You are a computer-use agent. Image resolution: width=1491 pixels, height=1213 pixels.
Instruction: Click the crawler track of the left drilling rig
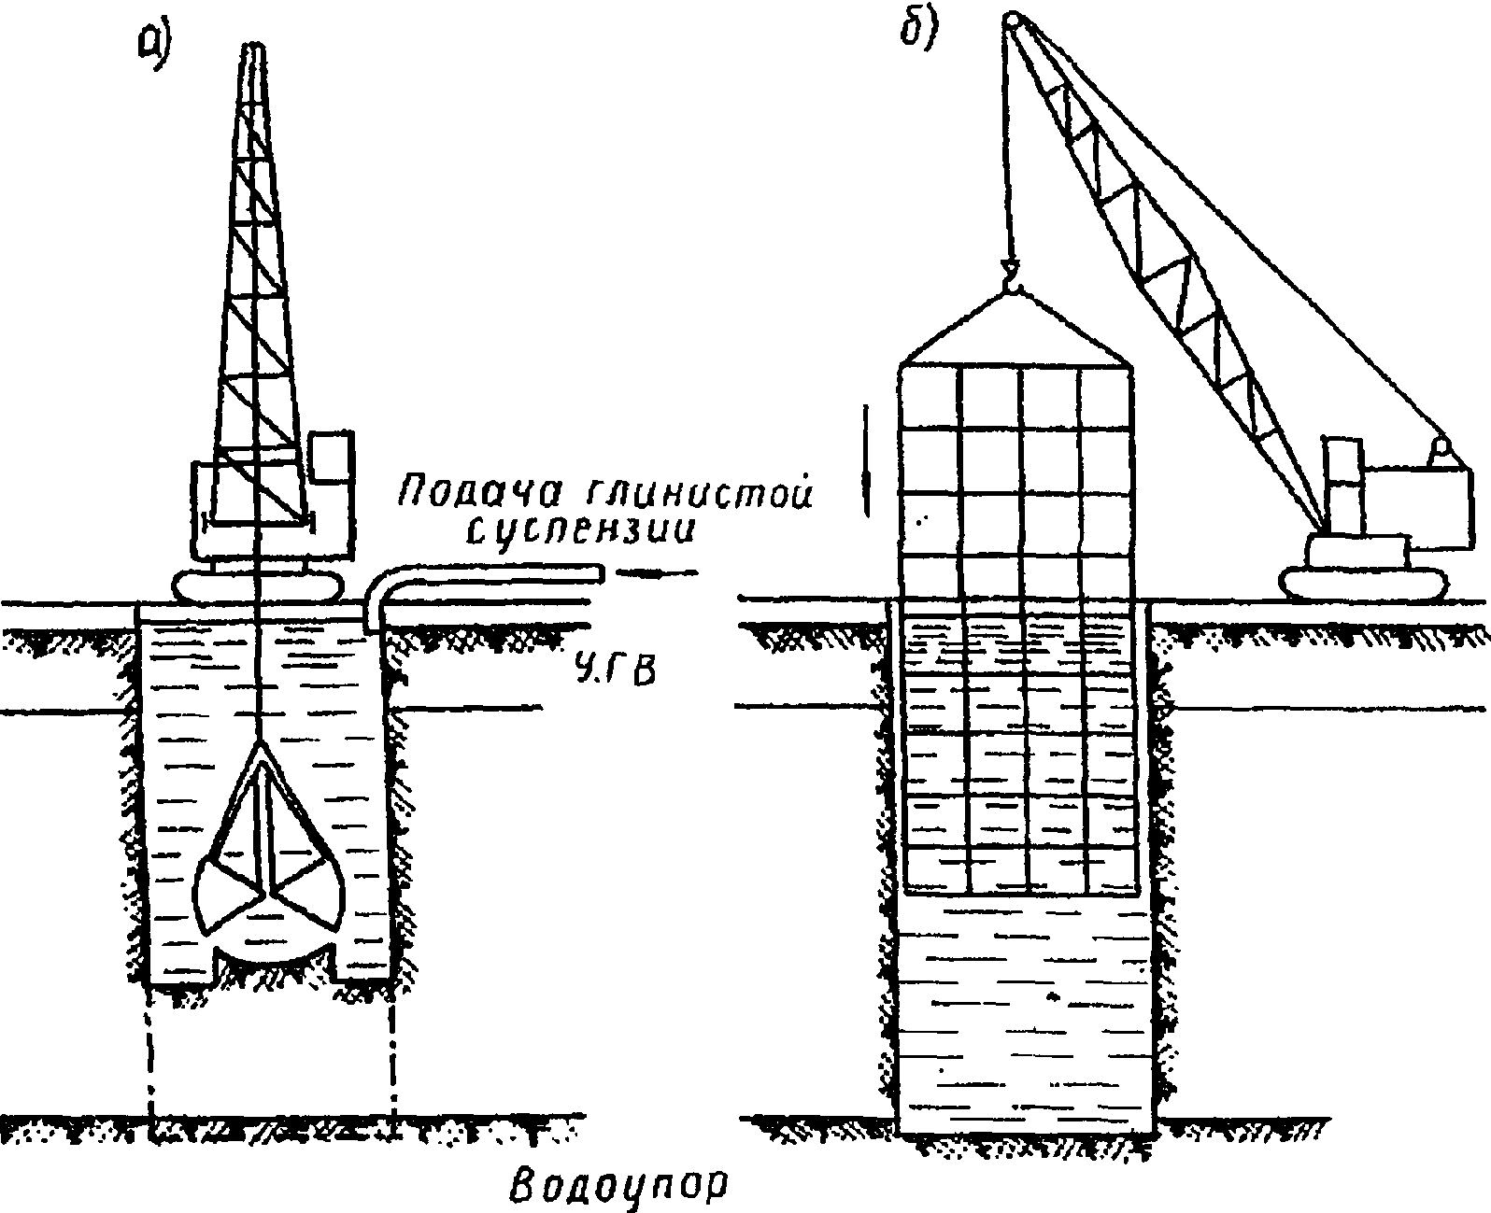[256, 586]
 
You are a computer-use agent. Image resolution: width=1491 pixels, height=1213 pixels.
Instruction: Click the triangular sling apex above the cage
[1013, 294]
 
